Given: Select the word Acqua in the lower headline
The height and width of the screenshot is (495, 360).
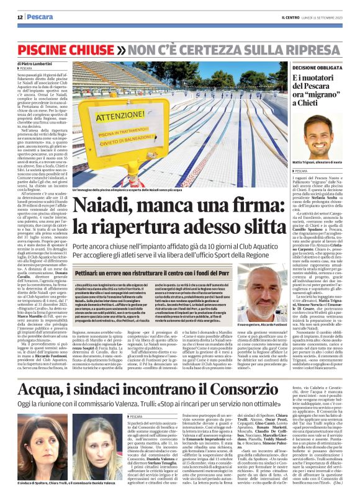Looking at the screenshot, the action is pyautogui.click(x=42, y=355).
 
